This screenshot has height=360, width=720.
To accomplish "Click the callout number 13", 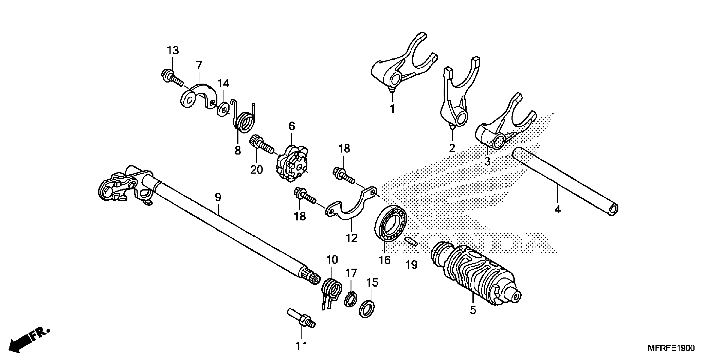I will (x=173, y=51).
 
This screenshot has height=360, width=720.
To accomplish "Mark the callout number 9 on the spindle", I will (x=218, y=197).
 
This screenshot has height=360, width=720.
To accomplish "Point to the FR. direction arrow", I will (x=28, y=341).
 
